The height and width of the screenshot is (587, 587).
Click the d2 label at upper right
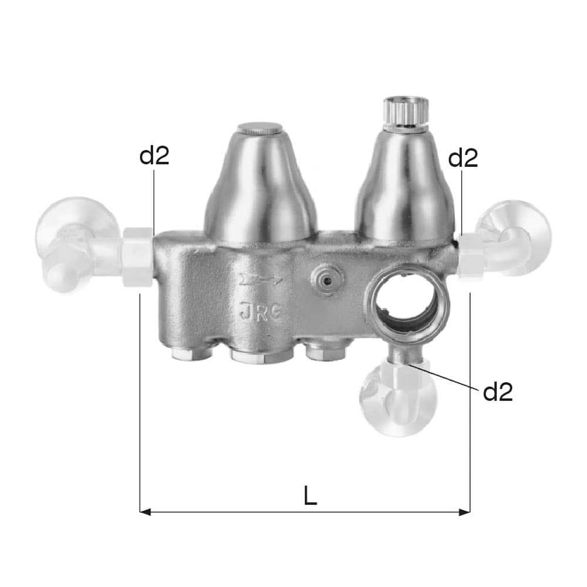pyautogui.click(x=463, y=158)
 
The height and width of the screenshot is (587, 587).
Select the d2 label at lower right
pyautogui.click(x=498, y=392)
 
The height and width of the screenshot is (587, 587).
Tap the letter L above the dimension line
pyautogui.click(x=311, y=495)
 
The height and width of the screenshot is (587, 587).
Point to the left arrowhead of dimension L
pyautogui.click(x=145, y=511)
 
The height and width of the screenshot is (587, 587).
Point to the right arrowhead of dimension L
pyautogui.click(x=464, y=511)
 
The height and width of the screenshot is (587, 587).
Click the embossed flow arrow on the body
pyautogui.click(x=261, y=279)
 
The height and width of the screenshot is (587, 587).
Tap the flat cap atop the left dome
pyautogui.click(x=261, y=127)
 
